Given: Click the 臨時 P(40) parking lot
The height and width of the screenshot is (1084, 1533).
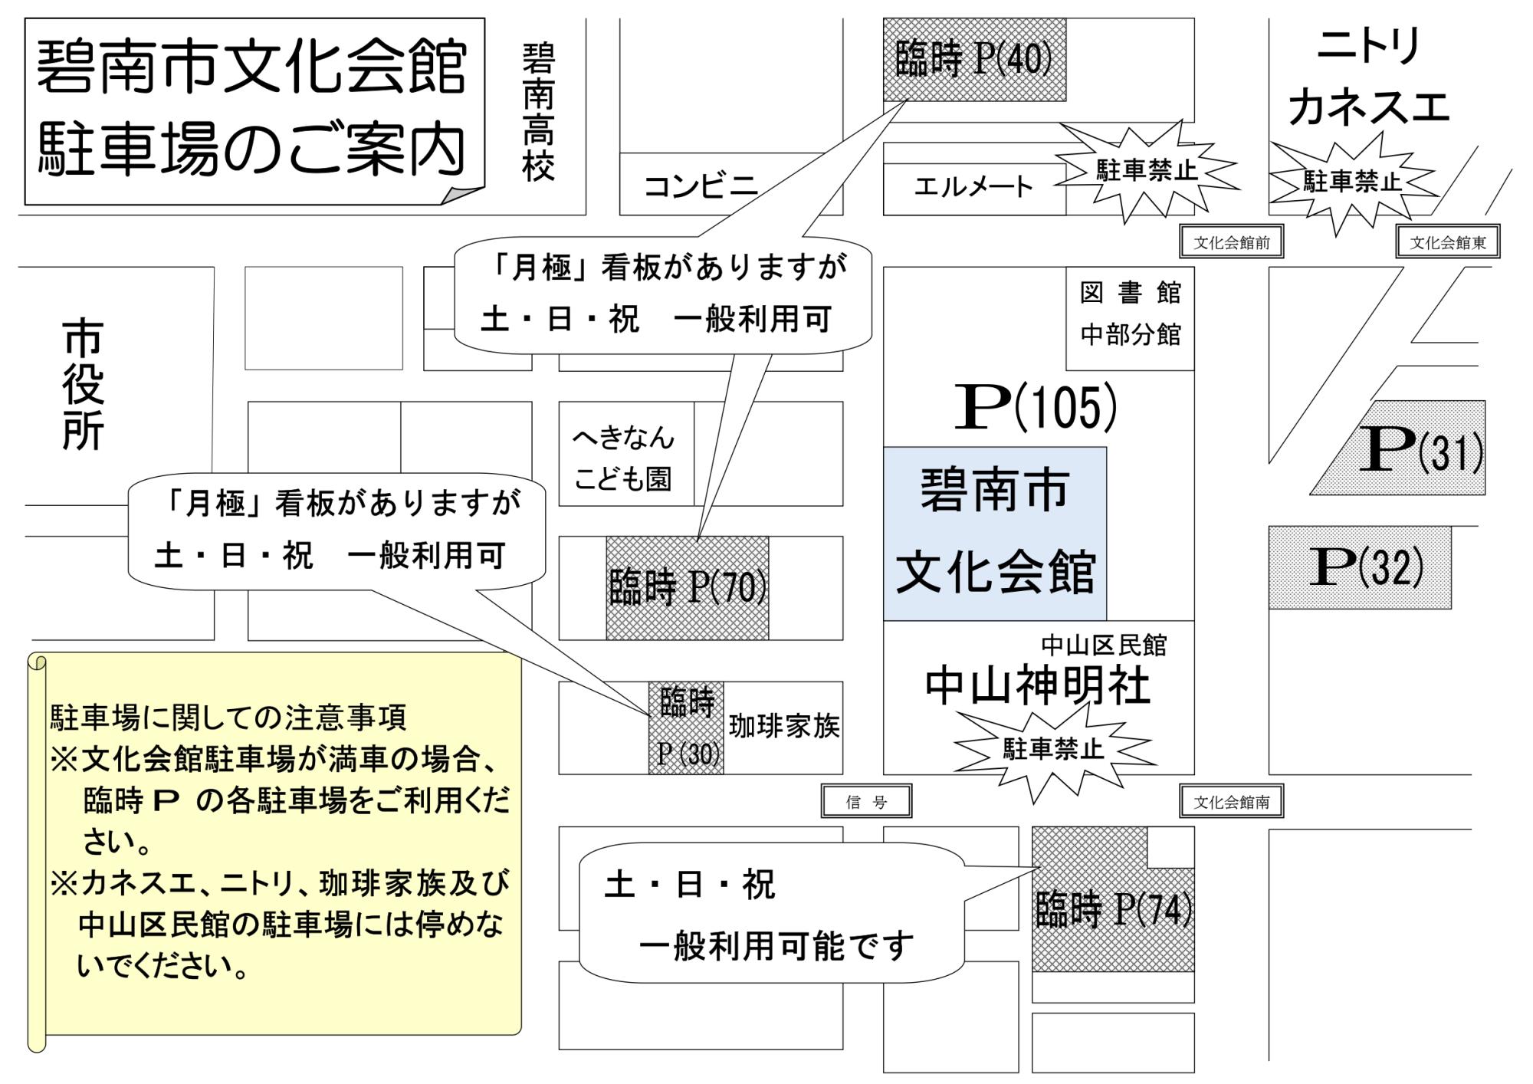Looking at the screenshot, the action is (x=974, y=60).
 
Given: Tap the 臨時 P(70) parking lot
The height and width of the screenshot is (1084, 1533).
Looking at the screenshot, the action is (x=688, y=588).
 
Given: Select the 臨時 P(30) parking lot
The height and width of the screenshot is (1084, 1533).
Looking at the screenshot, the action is (x=686, y=728).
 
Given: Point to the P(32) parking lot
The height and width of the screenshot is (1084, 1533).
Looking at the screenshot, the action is (x=1360, y=567).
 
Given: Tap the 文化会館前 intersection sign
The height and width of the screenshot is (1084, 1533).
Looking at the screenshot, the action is (x=1231, y=243).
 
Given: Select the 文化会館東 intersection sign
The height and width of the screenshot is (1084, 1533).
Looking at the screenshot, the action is (x=1448, y=243).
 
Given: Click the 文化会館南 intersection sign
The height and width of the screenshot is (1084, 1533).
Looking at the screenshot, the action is (x=1231, y=802).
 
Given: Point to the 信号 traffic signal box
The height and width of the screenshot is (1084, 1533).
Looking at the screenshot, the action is (x=866, y=802).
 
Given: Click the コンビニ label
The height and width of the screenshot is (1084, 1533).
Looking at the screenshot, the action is (x=701, y=186).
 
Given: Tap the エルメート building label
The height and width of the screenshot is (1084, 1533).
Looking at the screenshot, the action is (x=973, y=186).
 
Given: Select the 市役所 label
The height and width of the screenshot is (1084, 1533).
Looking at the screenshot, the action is (x=83, y=386).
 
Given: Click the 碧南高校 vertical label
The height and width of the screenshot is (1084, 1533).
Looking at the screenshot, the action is (x=539, y=112).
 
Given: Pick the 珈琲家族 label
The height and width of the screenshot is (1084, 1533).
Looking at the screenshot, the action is (x=784, y=726).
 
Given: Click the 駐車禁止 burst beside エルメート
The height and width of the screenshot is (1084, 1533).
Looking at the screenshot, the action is (x=1146, y=170).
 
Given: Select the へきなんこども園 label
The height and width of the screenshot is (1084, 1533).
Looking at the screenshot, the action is (x=623, y=458).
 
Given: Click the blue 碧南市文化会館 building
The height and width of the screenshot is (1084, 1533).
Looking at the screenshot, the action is (x=995, y=534).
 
